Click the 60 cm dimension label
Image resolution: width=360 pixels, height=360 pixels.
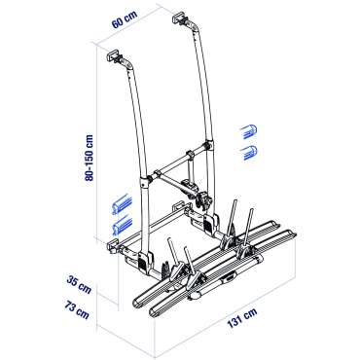tap(125, 19)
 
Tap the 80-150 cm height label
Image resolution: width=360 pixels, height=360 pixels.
tap(89, 158)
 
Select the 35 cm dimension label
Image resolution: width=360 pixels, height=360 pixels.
tap(79, 284)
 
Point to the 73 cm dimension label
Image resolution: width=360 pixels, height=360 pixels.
tap(77, 309)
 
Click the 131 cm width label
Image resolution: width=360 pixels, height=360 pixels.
tap(242, 318)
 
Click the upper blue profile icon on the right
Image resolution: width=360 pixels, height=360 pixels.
tap(248, 131)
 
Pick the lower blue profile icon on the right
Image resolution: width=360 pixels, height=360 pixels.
tap(248, 153)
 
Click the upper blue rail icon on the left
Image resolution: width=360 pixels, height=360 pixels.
tap(122, 203)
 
